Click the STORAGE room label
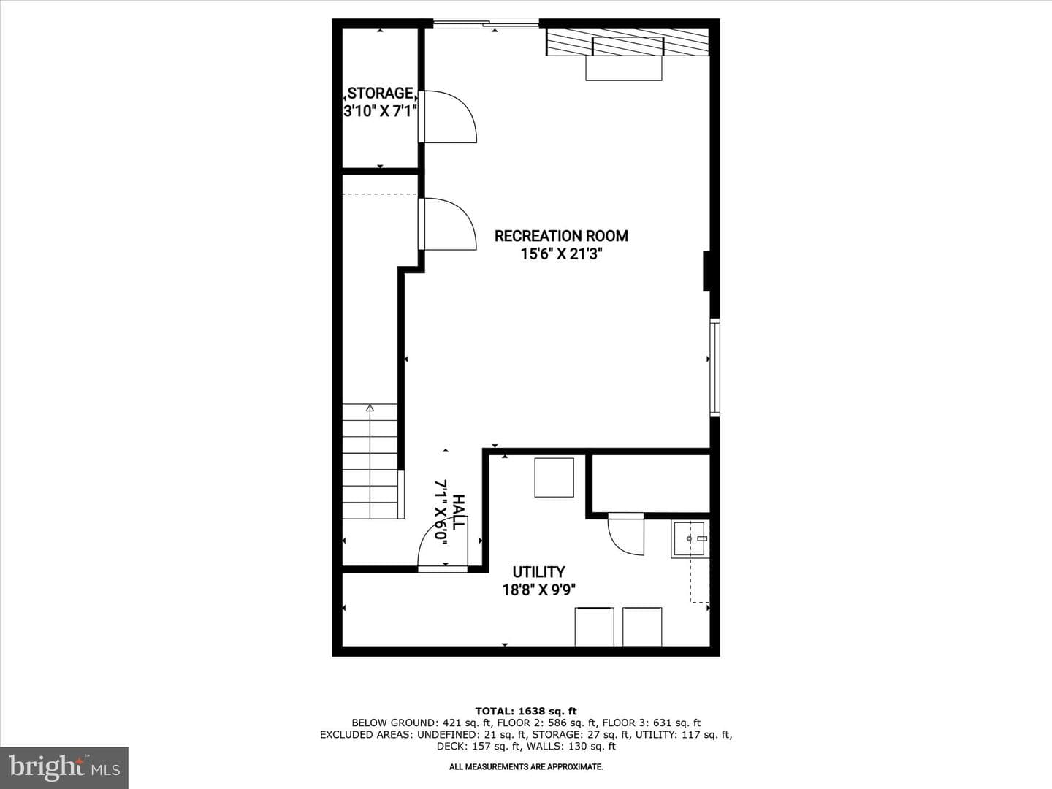[x=381, y=93]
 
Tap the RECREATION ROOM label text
[x=561, y=236]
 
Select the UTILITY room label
[x=538, y=572]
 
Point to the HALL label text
[x=458, y=512]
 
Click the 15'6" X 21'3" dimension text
[x=561, y=254]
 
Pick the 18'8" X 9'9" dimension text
[x=538, y=590]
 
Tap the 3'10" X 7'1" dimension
[x=380, y=111]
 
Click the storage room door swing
[x=448, y=116]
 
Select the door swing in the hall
[x=443, y=544]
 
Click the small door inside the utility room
[x=626, y=534]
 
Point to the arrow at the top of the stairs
[x=370, y=408]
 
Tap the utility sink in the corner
[x=690, y=539]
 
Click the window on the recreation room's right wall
[x=714, y=367]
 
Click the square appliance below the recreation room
[x=554, y=478]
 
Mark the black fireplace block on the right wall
[x=706, y=271]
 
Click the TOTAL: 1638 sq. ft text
[x=526, y=711]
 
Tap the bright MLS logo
[x=64, y=767]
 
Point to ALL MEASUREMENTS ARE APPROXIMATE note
[x=526, y=766]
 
